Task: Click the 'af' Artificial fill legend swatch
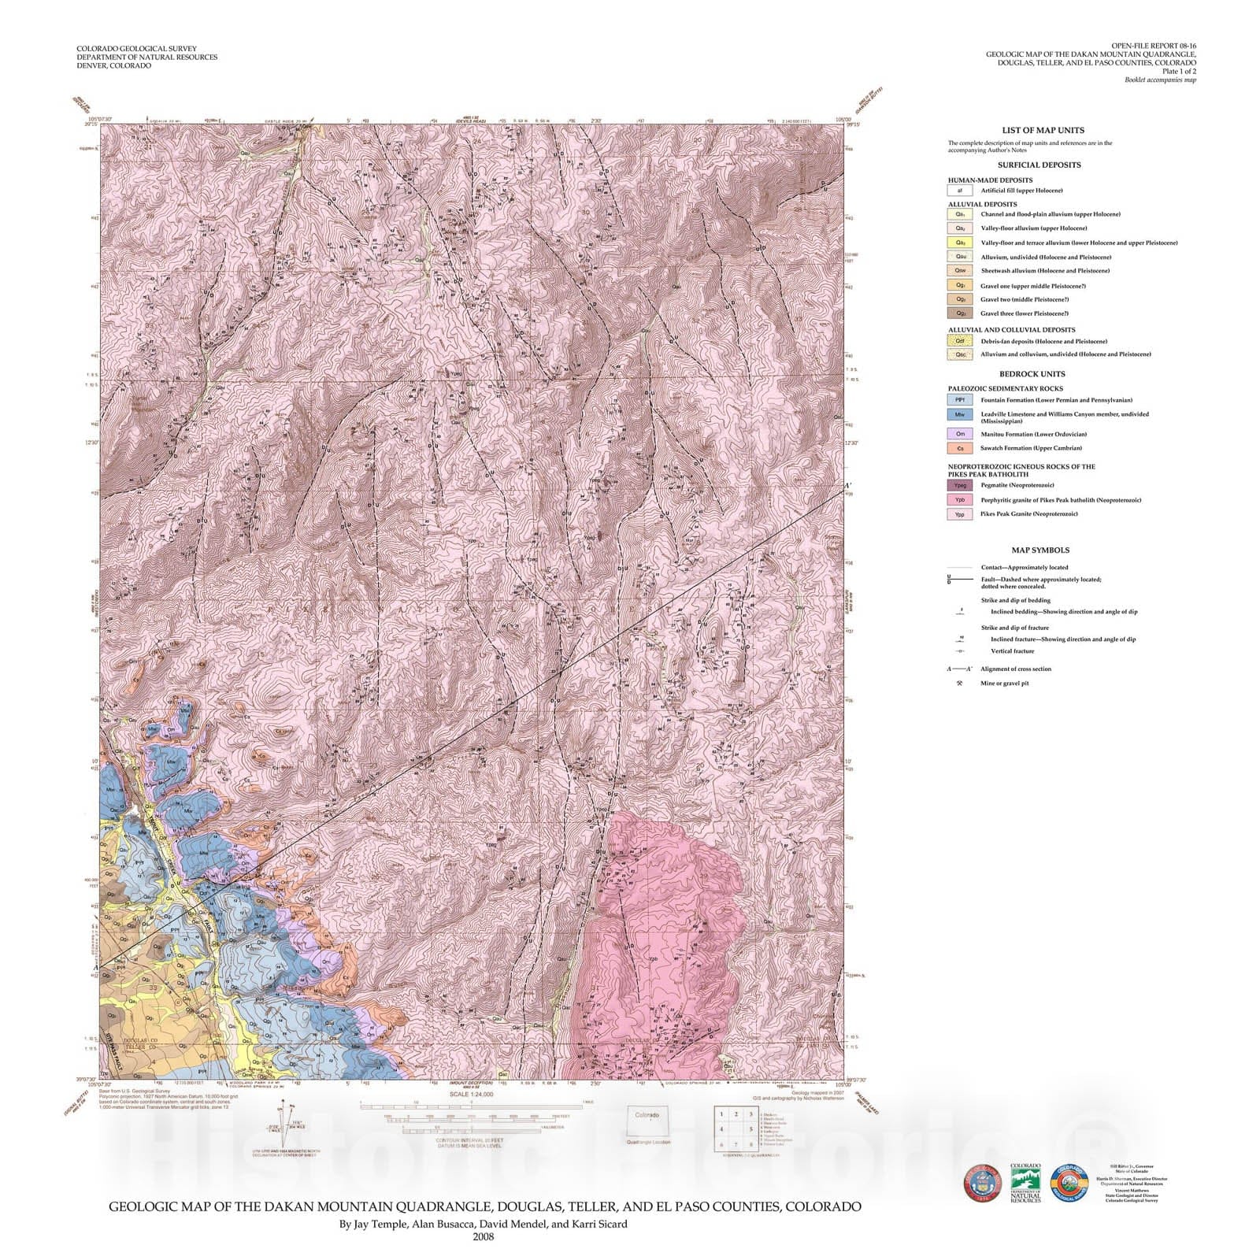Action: coord(959,191)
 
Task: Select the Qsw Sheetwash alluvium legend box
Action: coord(959,271)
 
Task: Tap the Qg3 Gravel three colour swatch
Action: coord(959,313)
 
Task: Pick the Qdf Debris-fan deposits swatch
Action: coord(959,342)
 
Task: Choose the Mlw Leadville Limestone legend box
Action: coord(959,414)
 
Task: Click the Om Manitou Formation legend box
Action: coord(959,434)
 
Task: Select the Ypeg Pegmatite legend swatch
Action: coord(959,486)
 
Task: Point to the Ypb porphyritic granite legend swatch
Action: coord(959,500)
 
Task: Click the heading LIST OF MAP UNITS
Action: coord(1043,131)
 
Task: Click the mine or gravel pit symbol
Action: coord(959,684)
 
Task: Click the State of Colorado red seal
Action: coord(982,1184)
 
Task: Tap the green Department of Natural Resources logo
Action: coord(1025,1183)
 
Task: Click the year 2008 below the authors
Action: coord(483,1236)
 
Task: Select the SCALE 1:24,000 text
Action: coord(471,1095)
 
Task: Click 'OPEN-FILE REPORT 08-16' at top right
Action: coord(1154,46)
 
